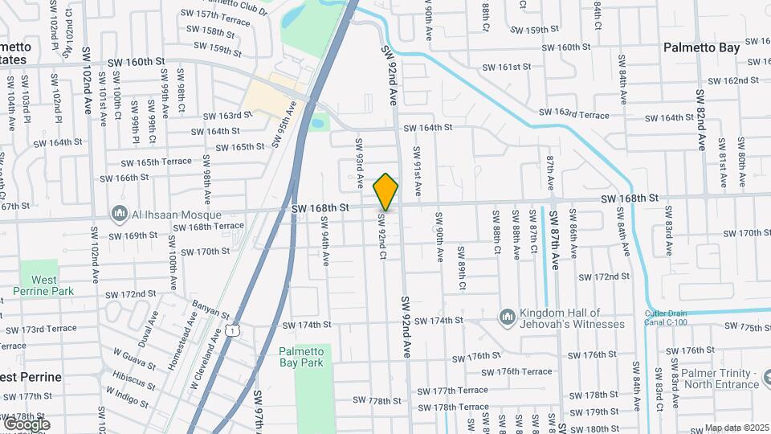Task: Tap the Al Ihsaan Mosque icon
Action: click(x=119, y=215)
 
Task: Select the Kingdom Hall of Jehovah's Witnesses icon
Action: click(x=506, y=317)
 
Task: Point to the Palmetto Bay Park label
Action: click(x=301, y=357)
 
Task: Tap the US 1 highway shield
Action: click(x=232, y=330)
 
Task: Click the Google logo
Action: click(x=26, y=424)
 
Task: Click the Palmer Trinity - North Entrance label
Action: click(x=717, y=379)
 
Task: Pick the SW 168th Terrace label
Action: click(x=208, y=227)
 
